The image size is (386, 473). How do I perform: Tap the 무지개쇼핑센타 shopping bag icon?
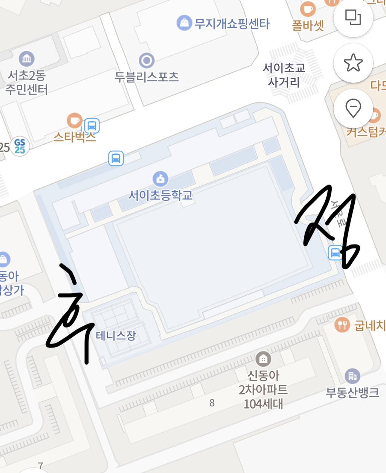click(x=184, y=23)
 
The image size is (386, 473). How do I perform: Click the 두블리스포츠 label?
click(x=147, y=77)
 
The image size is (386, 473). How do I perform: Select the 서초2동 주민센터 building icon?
click(x=26, y=59)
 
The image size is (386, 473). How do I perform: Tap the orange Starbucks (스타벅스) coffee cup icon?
click(x=75, y=121)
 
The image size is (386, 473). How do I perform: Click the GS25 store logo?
click(x=20, y=146)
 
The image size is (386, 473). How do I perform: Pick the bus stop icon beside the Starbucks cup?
click(x=92, y=125)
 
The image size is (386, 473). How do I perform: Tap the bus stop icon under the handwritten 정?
click(x=335, y=252)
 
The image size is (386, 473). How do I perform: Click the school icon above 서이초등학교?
click(x=161, y=179)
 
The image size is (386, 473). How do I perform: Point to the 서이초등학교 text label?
click(x=161, y=195)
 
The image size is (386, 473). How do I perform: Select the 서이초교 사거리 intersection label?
click(x=284, y=75)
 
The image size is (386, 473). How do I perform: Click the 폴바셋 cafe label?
click(x=308, y=26)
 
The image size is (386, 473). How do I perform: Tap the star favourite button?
click(x=353, y=63)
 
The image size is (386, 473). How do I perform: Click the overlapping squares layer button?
click(x=353, y=17)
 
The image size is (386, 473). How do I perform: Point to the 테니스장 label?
click(x=116, y=335)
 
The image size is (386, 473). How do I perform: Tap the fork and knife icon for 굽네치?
click(x=342, y=324)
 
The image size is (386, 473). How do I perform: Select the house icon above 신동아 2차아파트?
click(x=263, y=359)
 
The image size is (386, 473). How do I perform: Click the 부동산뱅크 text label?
click(x=352, y=393)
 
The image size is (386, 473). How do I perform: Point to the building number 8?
click(x=212, y=403)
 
